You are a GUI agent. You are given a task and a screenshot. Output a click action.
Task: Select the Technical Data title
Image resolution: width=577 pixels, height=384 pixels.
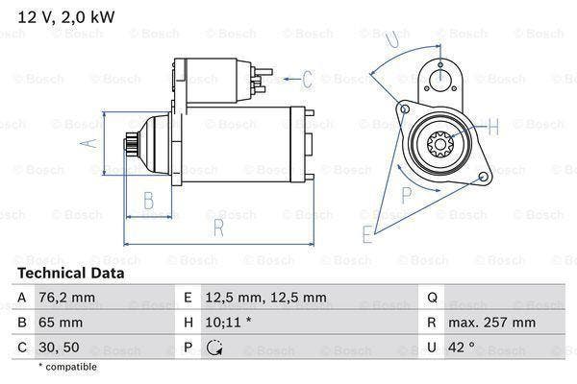(x=70, y=274)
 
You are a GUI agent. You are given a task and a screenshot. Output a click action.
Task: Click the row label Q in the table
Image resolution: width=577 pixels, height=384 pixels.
(x=432, y=298)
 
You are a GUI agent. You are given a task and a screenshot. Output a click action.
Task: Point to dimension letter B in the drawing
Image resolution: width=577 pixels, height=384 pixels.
(x=149, y=201)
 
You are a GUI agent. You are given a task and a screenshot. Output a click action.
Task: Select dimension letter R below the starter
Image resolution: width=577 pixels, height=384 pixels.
(x=218, y=228)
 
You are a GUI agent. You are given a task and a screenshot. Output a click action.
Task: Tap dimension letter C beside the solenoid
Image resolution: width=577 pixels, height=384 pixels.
(x=307, y=79)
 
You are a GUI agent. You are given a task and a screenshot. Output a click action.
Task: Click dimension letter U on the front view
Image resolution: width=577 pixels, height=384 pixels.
(x=389, y=39)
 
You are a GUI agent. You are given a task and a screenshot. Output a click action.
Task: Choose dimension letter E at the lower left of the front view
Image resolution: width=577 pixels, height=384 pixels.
(x=367, y=232)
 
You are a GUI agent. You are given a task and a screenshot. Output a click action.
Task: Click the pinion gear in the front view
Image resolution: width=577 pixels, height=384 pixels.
(x=441, y=145)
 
